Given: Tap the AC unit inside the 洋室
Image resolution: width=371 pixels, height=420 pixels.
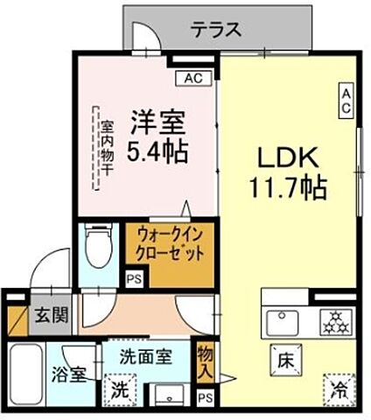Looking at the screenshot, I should (192, 77).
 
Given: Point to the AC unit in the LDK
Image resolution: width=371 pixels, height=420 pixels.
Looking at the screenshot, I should (346, 101).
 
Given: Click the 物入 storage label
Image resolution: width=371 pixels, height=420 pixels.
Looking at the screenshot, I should (203, 360).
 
